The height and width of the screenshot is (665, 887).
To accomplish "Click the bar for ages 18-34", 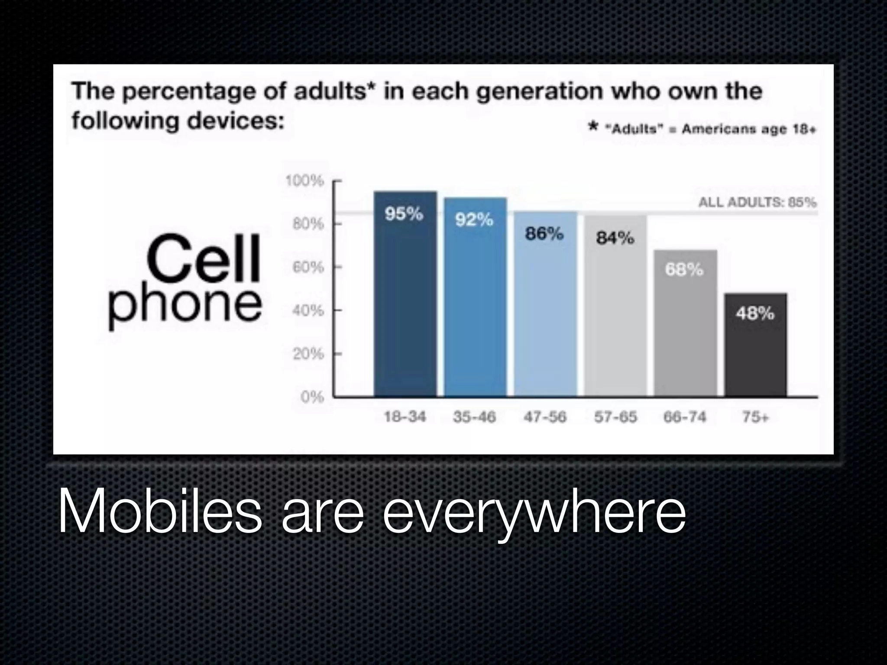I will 405,294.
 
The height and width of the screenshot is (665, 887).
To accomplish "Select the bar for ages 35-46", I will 475,299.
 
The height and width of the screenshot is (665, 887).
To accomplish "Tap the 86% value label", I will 544,234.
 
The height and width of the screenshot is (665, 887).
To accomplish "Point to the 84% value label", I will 615,238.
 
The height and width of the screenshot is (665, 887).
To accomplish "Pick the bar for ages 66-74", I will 685,325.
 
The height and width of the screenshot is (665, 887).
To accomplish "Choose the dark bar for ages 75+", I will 755,346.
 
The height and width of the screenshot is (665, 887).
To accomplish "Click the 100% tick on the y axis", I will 304,181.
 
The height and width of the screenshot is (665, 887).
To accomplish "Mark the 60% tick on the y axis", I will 308,268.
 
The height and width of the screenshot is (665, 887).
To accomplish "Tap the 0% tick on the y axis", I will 312,397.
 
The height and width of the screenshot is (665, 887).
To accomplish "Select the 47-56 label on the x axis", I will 545,417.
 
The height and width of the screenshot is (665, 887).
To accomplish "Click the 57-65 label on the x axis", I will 615,417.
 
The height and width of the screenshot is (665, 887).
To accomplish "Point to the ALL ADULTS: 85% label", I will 758,202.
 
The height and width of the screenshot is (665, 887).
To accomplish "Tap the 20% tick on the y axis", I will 308,354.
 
